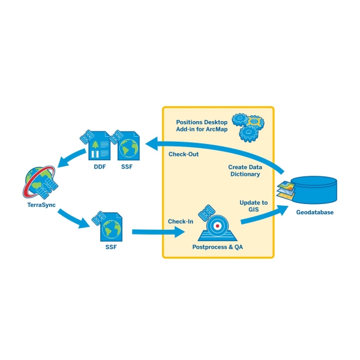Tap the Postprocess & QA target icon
point(219,226)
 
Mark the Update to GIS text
point(253,206)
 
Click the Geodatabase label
point(314,212)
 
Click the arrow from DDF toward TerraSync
point(65,157)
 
